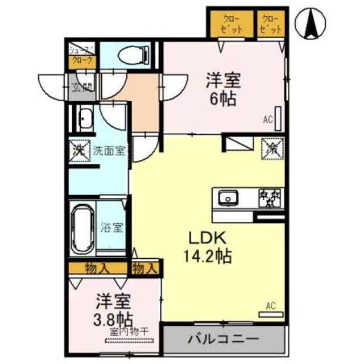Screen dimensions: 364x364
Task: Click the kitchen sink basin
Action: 229,198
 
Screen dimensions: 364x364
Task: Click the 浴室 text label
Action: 112,228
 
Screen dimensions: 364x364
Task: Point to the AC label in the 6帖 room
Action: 268,119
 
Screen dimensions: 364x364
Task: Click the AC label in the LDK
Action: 271,307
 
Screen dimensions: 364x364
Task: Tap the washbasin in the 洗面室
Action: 86,119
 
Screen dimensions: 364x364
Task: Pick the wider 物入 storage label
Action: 97,268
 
